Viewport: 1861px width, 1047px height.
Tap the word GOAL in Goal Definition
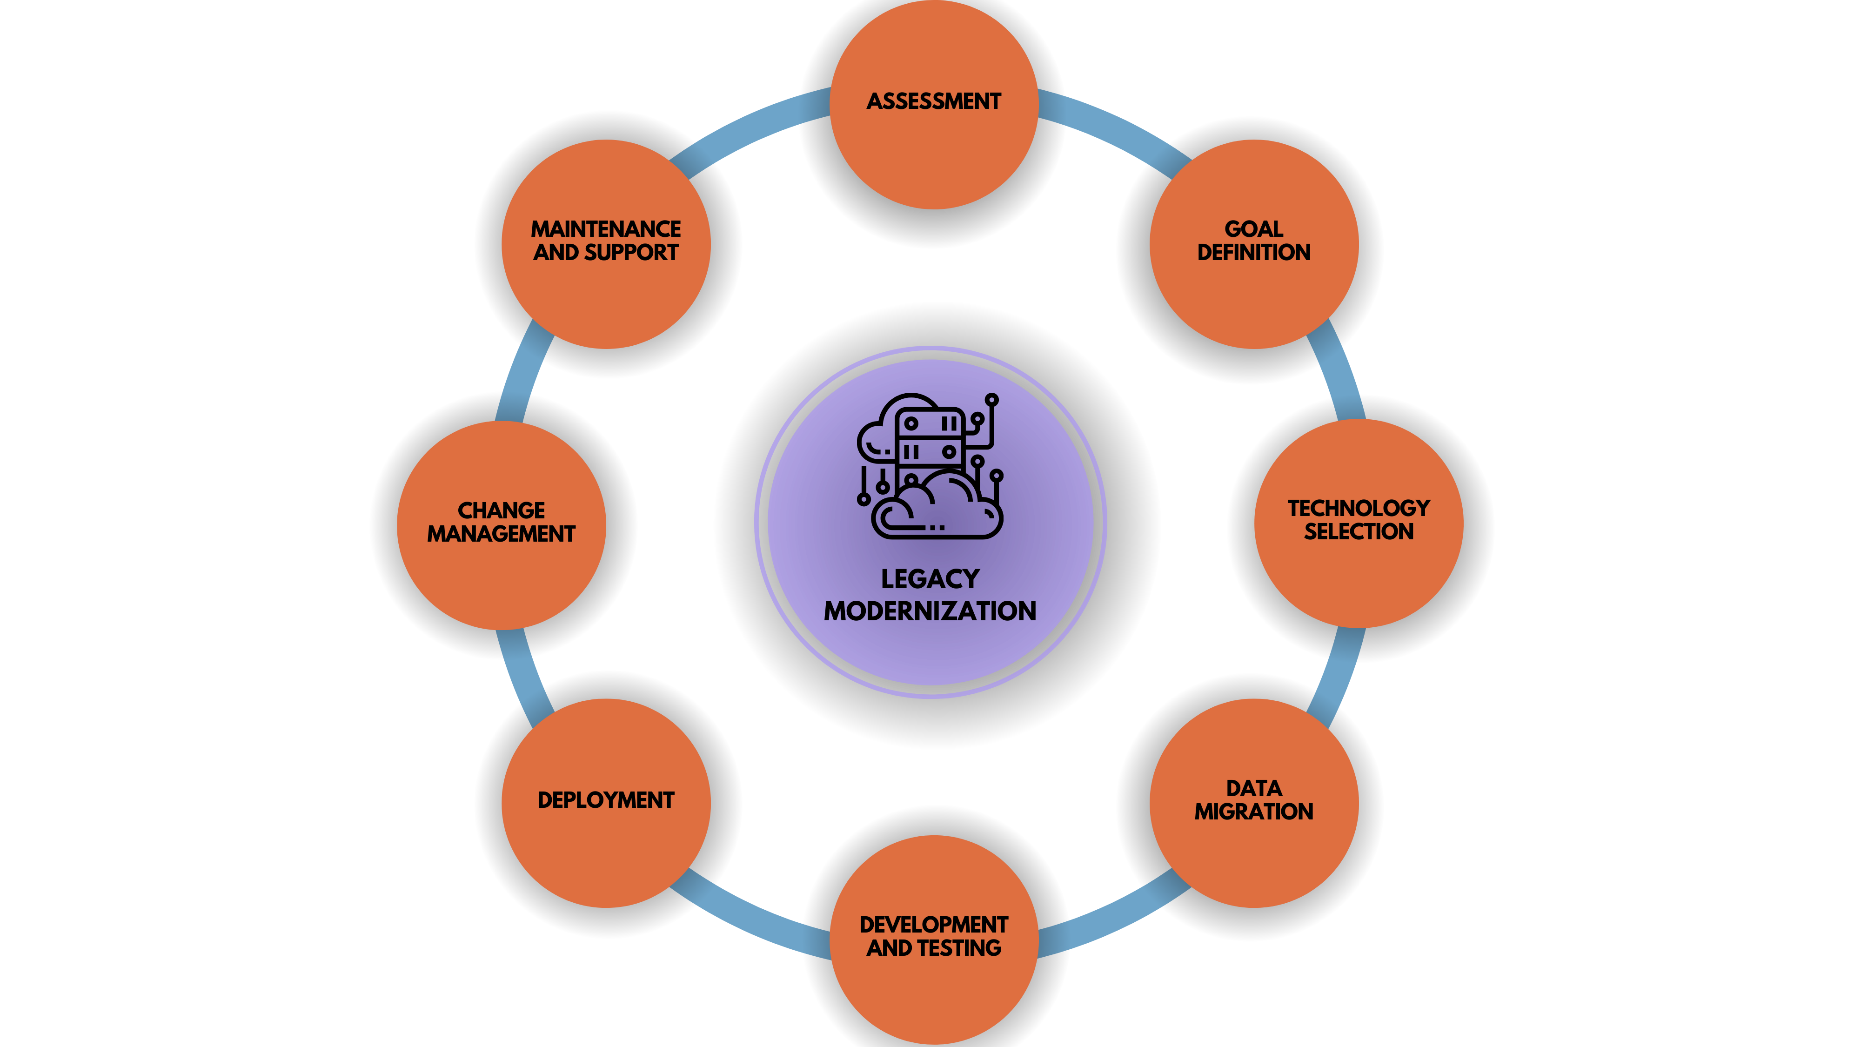(x=1253, y=229)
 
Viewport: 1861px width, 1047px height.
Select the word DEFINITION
(x=1253, y=252)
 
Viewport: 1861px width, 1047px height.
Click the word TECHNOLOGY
(x=1358, y=508)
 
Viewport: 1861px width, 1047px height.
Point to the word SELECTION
(x=1358, y=532)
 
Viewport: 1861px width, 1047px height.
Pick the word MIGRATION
(x=1253, y=812)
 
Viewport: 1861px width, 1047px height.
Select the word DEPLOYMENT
(x=605, y=800)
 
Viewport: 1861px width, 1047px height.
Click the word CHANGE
(x=502, y=510)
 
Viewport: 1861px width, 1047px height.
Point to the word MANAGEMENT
(x=502, y=534)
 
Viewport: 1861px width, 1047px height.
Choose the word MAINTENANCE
(x=605, y=229)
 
